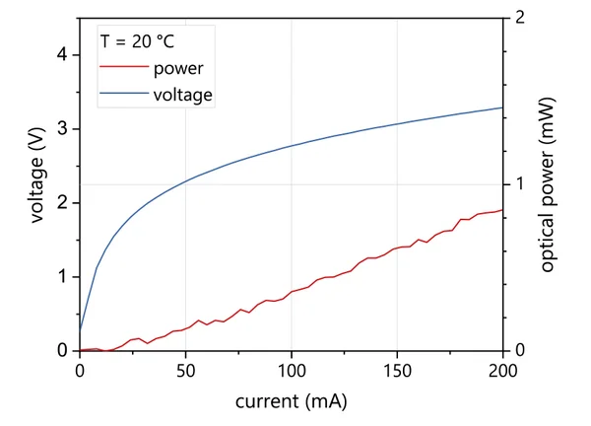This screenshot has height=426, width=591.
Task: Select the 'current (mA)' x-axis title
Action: [291, 402]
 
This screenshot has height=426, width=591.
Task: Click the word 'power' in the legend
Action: [178, 68]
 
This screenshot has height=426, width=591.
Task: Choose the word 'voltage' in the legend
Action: [184, 95]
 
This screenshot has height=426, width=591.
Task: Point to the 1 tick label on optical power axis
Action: [519, 184]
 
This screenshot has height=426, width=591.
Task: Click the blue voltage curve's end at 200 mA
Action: [502, 107]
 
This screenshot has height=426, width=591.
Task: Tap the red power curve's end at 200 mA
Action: [502, 209]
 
